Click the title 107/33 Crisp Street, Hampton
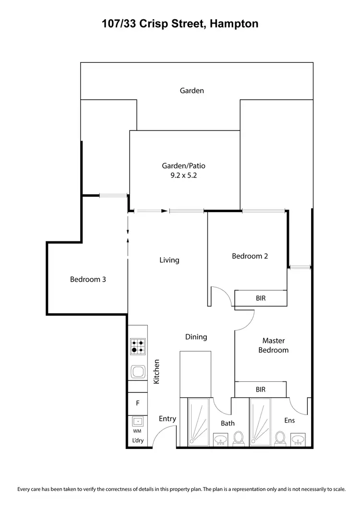click(x=180, y=24)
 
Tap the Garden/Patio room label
click(x=183, y=166)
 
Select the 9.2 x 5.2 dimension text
click(x=183, y=176)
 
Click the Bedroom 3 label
click(x=88, y=279)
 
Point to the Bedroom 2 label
click(x=250, y=256)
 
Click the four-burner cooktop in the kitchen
click(x=138, y=346)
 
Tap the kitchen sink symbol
click(x=138, y=371)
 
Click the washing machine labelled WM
click(x=138, y=422)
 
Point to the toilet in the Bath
click(x=239, y=438)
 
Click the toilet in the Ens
click(x=280, y=438)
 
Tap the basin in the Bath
click(x=221, y=439)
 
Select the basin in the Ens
click(x=299, y=439)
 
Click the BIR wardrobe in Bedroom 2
click(x=261, y=298)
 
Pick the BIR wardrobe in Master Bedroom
click(x=260, y=390)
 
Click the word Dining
click(x=196, y=337)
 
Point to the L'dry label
click(x=138, y=440)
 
